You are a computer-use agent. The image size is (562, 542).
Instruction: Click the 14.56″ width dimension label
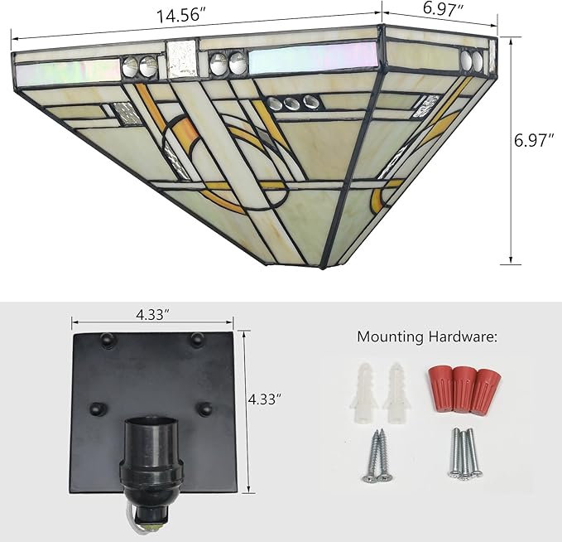[x=182, y=16]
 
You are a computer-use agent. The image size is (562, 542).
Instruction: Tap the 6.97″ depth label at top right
[x=444, y=8]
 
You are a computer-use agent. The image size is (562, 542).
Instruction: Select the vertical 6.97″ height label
[x=534, y=140]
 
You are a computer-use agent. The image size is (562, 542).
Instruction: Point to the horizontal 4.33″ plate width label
[x=152, y=315]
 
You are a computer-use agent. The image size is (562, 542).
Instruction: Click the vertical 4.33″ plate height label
[x=264, y=399]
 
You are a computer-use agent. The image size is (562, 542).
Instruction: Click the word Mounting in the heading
[x=391, y=337]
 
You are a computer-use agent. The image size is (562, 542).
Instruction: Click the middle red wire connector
[x=464, y=388]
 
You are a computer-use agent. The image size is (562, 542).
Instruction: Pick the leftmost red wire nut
[x=441, y=386]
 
